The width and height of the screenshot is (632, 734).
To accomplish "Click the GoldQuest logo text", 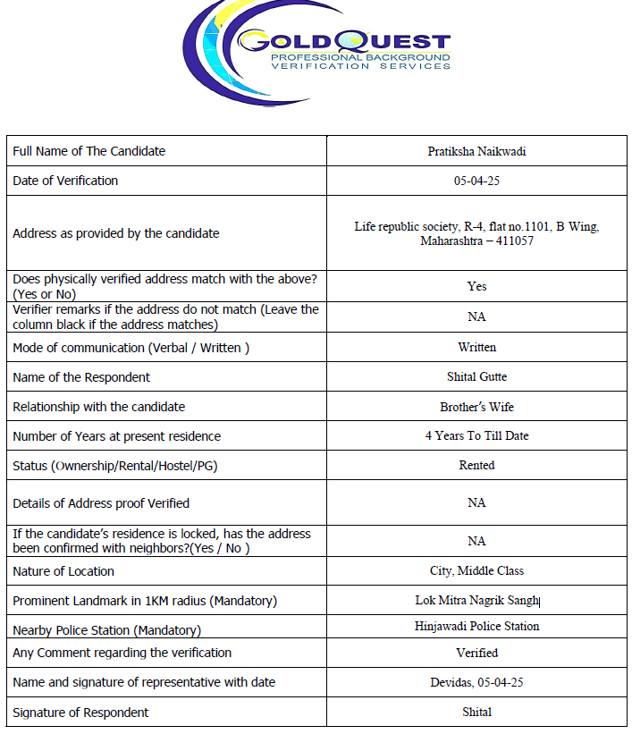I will pos(343,41).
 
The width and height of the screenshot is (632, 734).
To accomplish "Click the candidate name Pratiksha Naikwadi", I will pos(476,151).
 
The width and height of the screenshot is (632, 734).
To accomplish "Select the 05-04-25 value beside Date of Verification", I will pos(476,181).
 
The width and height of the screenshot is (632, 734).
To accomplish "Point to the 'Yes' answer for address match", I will pos(476,286).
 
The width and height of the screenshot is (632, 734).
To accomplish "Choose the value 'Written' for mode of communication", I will pos(476,347).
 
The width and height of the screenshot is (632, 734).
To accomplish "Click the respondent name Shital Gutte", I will pos(476,376).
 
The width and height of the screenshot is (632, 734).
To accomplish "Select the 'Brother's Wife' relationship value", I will pos(476,407).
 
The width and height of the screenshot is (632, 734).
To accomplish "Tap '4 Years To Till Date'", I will pos(476,436).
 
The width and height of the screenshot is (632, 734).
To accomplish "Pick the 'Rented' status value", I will pos(476,465).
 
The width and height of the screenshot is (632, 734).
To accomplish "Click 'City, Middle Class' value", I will pos(476,570).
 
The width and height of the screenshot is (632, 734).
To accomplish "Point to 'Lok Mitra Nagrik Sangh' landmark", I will pos(477,601).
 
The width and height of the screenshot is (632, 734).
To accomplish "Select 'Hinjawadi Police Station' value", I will pos(476,627).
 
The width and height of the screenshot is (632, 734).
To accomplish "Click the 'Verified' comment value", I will pos(476,653).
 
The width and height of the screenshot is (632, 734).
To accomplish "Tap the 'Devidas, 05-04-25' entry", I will pos(476,682).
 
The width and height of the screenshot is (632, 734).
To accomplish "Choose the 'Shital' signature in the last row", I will pos(476,713).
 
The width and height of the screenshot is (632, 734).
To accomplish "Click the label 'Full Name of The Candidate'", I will pos(88,151).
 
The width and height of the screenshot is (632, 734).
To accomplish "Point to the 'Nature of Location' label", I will pos(63,571).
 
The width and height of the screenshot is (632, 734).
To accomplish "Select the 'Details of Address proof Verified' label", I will pos(101,502).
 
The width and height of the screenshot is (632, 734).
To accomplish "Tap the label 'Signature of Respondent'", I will pos(80,713).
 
